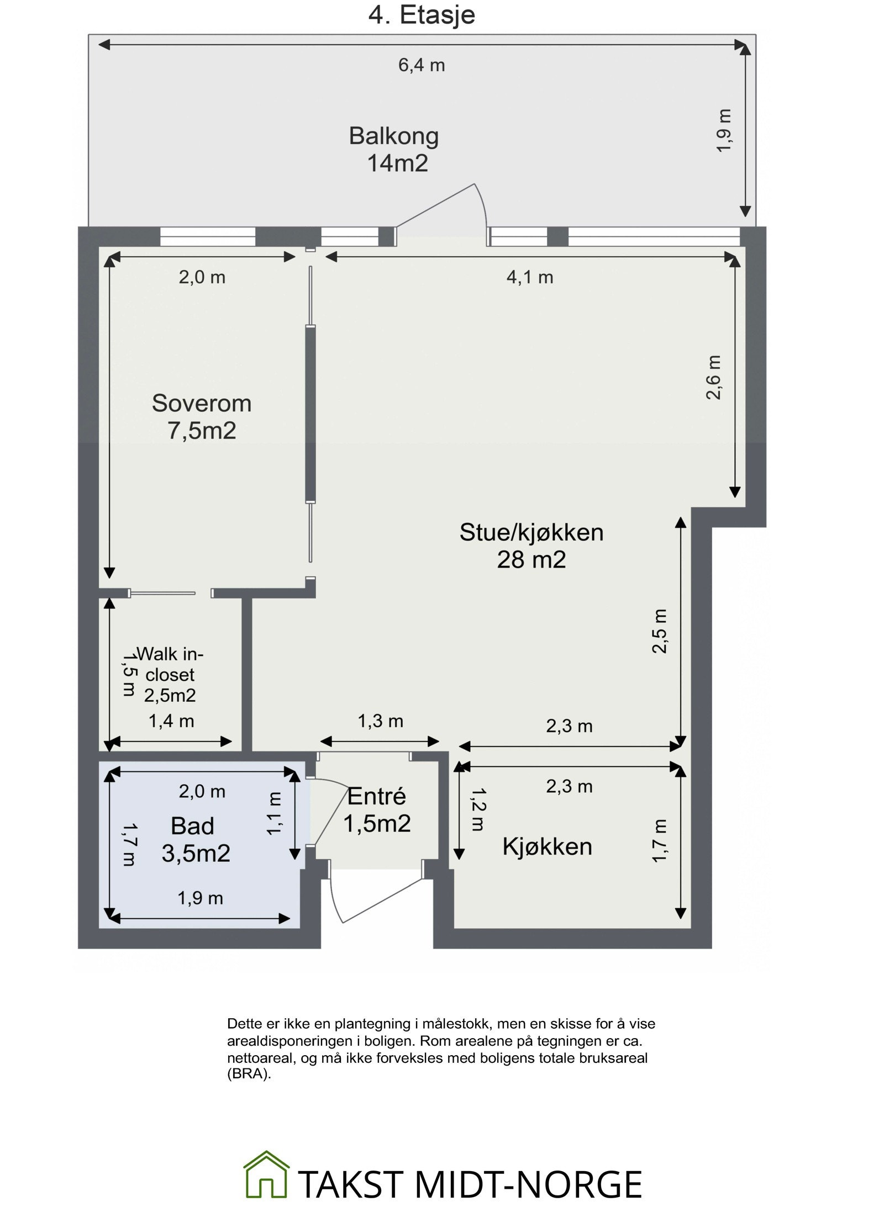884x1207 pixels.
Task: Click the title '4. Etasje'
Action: [x=421, y=15]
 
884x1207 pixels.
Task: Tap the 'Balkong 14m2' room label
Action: [x=394, y=150]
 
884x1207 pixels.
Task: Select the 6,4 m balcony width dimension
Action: [x=421, y=65]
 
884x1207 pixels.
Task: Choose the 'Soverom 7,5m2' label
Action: [x=202, y=417]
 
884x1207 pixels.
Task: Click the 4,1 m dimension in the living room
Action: [x=529, y=277]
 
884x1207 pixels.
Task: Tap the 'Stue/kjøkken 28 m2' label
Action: [x=531, y=546]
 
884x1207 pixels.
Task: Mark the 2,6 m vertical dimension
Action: [x=713, y=377]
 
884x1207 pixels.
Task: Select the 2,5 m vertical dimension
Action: [x=660, y=631]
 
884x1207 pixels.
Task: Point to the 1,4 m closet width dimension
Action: [x=171, y=721]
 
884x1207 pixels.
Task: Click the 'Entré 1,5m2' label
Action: [x=377, y=809]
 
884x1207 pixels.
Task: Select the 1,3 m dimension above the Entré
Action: [x=380, y=721]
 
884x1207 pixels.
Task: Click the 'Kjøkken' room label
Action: [x=547, y=846]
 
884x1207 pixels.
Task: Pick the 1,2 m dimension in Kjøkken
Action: [x=477, y=809]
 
